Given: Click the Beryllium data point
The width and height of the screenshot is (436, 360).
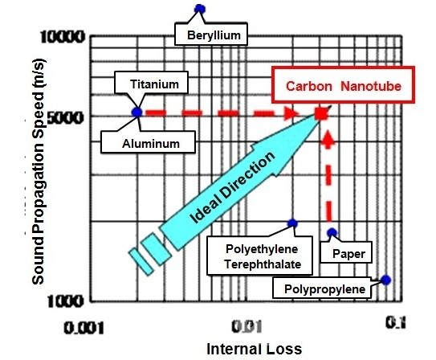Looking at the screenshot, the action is (x=200, y=9).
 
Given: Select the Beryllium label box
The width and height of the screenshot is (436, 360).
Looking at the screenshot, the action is (x=211, y=34).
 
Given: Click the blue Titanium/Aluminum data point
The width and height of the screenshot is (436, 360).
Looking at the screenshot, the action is (x=137, y=112).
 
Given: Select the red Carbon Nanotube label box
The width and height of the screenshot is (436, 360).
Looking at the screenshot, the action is (x=343, y=85).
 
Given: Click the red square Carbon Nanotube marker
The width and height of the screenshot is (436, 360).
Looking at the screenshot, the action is (x=321, y=113).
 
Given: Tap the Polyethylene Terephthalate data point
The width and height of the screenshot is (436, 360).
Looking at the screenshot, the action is (x=292, y=223).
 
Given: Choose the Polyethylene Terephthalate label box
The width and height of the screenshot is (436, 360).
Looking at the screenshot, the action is (x=259, y=256).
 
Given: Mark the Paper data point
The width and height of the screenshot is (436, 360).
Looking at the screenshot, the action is (x=332, y=232).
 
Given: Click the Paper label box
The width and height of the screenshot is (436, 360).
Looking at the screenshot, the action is (x=346, y=252).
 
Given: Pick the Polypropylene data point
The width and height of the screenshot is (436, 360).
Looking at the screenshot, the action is (x=385, y=280).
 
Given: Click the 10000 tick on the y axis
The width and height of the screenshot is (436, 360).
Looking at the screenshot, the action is (x=63, y=37).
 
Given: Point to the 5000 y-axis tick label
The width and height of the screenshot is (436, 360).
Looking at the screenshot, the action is (x=65, y=117).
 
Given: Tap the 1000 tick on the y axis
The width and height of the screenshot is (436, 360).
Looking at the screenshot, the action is (x=65, y=301).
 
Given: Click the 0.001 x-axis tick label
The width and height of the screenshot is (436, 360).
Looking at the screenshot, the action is (x=84, y=328).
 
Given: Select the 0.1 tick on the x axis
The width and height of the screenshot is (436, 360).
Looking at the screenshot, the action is (x=395, y=323).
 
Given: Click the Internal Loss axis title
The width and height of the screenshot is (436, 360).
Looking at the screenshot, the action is (x=255, y=349).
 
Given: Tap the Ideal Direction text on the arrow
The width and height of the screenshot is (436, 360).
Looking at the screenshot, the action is (x=233, y=187).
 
